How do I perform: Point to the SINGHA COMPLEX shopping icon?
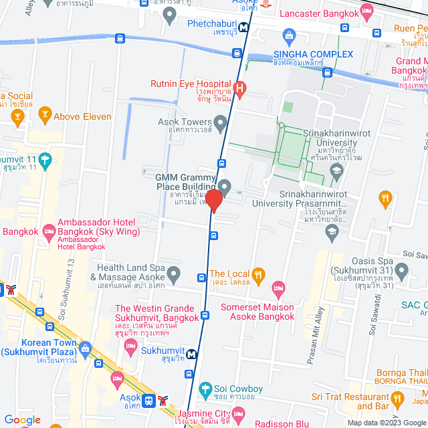[x=289, y=35]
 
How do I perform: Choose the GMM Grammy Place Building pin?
[x=225, y=187]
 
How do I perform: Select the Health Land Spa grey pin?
[x=174, y=274]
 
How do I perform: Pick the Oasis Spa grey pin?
[x=401, y=271]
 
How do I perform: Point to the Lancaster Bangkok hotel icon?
[x=366, y=11]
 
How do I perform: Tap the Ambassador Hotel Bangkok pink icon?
[x=49, y=232]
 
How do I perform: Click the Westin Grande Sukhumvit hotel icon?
[x=130, y=346]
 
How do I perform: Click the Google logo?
[x=23, y=419]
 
